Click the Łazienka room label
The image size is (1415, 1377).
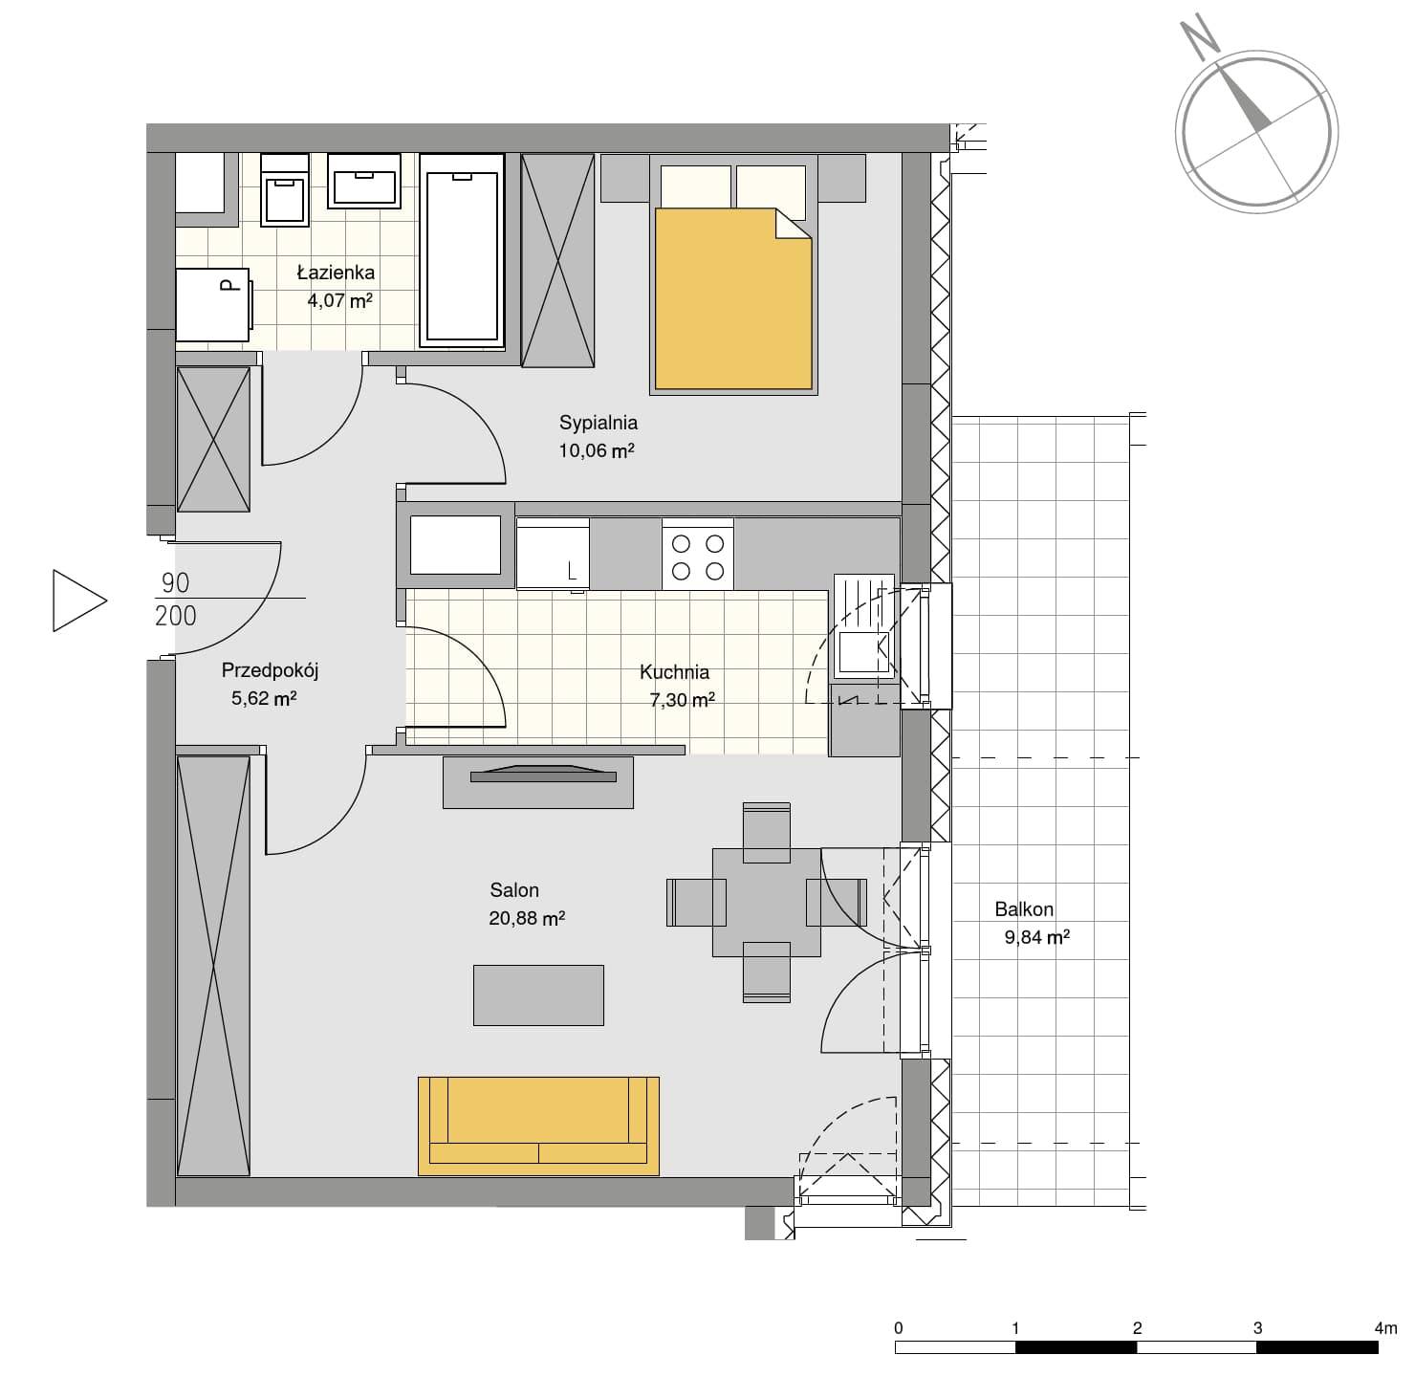click(336, 273)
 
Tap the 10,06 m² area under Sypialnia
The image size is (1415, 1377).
click(597, 451)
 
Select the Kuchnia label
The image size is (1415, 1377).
click(674, 672)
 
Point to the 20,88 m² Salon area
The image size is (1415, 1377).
click(527, 919)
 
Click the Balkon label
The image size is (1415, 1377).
click(1024, 909)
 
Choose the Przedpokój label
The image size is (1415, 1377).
click(270, 670)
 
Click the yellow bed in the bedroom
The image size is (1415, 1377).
click(733, 299)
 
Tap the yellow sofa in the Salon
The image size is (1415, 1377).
click(538, 1126)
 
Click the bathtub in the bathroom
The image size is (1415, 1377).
click(462, 251)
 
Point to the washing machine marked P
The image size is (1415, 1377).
click(214, 305)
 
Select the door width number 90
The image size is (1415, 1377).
click(175, 582)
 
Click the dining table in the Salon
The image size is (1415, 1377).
click(767, 902)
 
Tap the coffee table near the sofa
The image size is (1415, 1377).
click(538, 995)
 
